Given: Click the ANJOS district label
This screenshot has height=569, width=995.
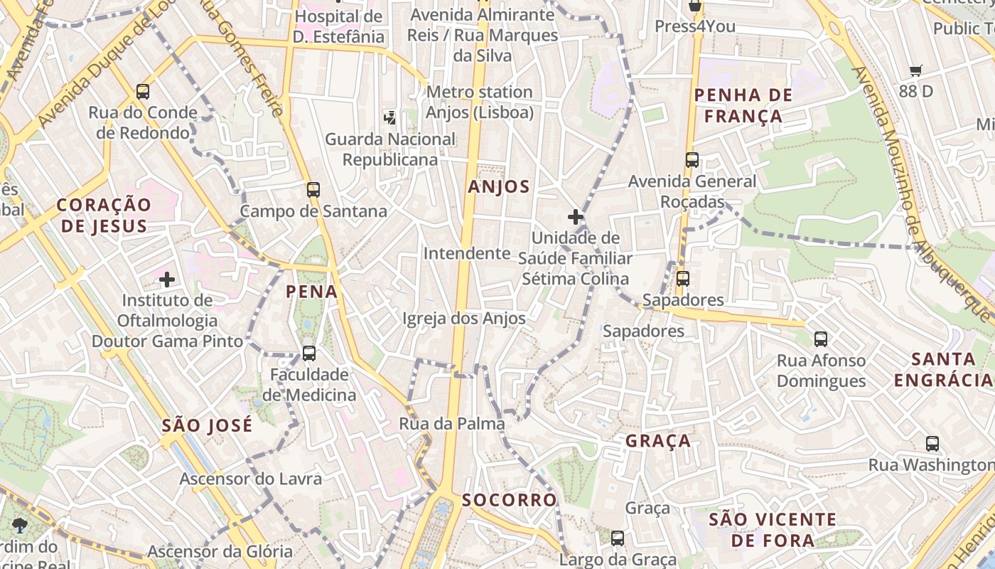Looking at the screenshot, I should pyautogui.click(x=499, y=187).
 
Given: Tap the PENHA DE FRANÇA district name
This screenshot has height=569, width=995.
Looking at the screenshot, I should pyautogui.click(x=738, y=105).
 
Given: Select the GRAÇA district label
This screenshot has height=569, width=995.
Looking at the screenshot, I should pyautogui.click(x=658, y=441).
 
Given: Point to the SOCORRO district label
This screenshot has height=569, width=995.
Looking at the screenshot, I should pyautogui.click(x=510, y=500).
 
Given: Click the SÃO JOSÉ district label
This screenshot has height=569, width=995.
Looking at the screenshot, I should pyautogui.click(x=207, y=426).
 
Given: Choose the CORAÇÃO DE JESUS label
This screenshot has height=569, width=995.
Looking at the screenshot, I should pyautogui.click(x=104, y=216).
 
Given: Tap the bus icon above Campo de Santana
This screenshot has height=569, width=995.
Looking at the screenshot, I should pyautogui.click(x=313, y=190).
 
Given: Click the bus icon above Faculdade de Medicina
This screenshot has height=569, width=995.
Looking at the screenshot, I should pyautogui.click(x=308, y=353).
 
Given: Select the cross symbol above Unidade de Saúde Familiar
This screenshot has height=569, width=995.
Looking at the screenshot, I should pyautogui.click(x=576, y=217).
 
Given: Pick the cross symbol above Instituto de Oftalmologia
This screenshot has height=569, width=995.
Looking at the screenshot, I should pyautogui.click(x=167, y=280).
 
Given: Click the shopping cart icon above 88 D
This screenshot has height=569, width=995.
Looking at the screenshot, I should pyautogui.click(x=915, y=70).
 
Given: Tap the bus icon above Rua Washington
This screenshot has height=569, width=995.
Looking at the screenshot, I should pyautogui.click(x=932, y=444).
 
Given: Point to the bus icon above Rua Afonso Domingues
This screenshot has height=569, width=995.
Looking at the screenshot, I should pyautogui.click(x=821, y=339).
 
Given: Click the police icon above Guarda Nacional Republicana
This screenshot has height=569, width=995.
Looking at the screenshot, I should pyautogui.click(x=389, y=117).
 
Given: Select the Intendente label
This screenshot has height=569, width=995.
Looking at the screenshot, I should pyautogui.click(x=467, y=254).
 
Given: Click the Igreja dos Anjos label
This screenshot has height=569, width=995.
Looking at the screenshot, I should pyautogui.click(x=464, y=319).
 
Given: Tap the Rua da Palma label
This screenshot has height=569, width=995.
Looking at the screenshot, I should pyautogui.click(x=452, y=424).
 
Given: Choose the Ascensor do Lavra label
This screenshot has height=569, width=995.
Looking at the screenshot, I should pyautogui.click(x=250, y=479).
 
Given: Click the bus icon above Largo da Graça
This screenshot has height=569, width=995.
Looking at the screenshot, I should pyautogui.click(x=618, y=538).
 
